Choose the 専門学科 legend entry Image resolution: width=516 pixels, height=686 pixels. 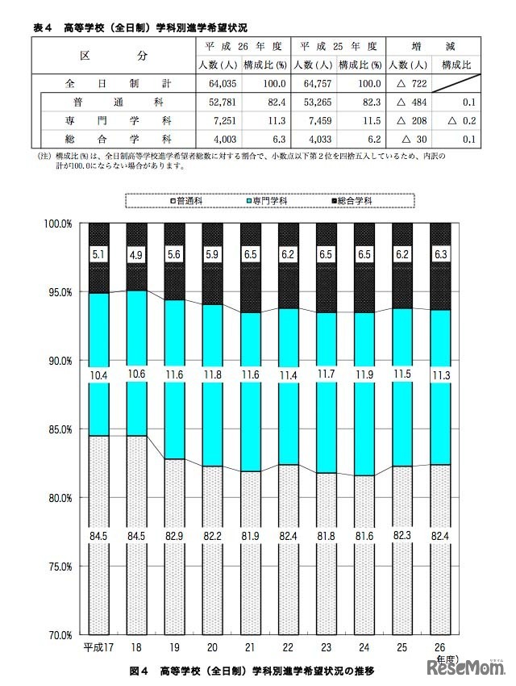268,199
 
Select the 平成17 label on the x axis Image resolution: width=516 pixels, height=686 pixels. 98,648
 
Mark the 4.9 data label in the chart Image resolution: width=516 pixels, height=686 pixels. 137,254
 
